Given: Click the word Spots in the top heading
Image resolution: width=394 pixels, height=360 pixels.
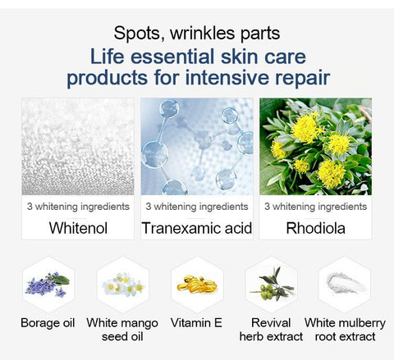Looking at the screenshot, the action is coord(139,34).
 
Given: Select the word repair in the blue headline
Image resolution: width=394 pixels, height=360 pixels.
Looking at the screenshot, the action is coord(302,79).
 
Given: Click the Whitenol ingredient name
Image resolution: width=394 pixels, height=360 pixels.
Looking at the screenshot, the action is coord(78,228).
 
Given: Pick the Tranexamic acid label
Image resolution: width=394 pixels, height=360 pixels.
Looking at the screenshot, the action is coord(197,228).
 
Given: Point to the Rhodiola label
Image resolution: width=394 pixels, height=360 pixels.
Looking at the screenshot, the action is coord(315,228).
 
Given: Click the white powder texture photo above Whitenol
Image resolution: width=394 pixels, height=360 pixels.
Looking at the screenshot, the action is coord(78,147).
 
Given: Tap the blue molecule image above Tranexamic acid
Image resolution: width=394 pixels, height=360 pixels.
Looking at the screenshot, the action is coord(197,147).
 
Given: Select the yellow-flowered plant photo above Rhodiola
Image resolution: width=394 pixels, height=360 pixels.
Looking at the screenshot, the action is coord(315,147).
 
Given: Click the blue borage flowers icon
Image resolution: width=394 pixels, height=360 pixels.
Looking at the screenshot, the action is coord(48,285).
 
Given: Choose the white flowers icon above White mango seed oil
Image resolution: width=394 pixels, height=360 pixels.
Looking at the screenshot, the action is coord(123,285).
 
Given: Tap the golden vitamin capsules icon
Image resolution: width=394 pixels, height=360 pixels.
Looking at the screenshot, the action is coord(197,285).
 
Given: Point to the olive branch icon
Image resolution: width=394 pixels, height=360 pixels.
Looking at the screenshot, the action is coord(272,284).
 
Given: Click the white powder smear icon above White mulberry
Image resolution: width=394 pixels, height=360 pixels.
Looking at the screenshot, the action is coord(346,283).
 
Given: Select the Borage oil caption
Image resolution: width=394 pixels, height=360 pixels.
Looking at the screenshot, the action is coord(48,323).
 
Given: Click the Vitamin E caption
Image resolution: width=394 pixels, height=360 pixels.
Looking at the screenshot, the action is coord(196,323).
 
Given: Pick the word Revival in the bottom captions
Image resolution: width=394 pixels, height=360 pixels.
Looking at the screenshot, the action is coord(271,323).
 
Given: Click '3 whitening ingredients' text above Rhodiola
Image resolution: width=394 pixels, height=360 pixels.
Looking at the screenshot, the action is coord(315,207).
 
